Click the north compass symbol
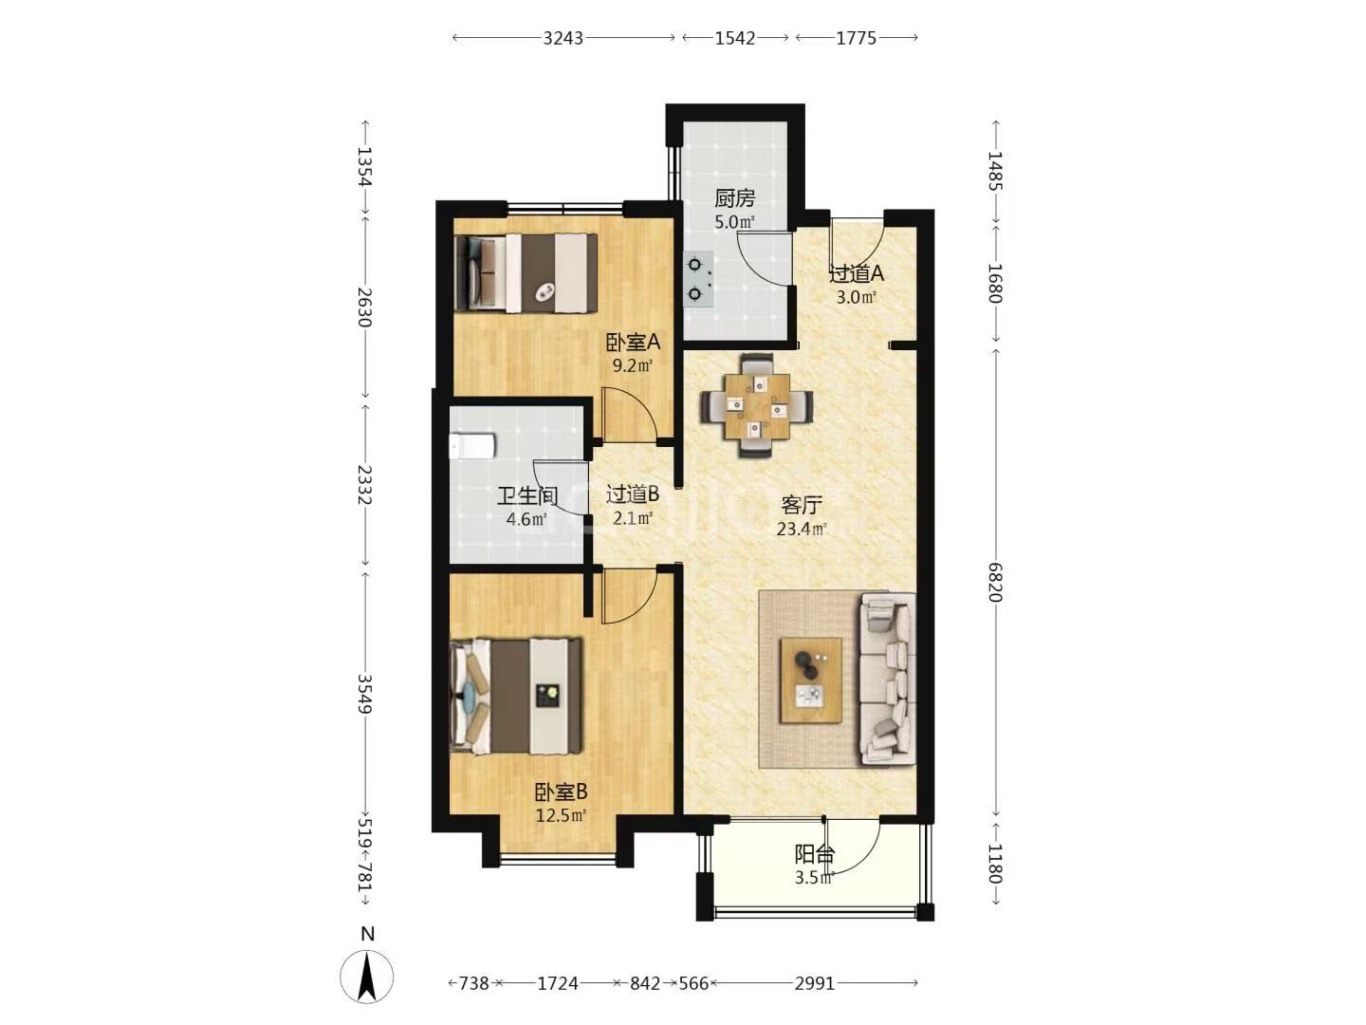coord(366,977)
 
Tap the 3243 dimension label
coord(563,39)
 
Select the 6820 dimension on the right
coord(995,582)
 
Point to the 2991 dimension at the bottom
coord(815,983)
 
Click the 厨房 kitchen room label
coord(734,198)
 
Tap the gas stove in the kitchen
coord(698,279)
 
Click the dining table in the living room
coord(757,406)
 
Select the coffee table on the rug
coord(811,680)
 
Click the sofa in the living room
coord(888,679)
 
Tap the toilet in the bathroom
coord(471,446)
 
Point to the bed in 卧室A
coord(526,272)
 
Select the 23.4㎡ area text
coord(802,529)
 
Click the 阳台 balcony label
coord(814,854)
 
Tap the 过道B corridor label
coord(633,494)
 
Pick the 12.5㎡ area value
coord(561,815)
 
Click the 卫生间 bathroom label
coord(526,496)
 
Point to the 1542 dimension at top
coord(735,39)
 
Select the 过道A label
coord(857,273)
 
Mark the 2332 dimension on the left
coord(364,485)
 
